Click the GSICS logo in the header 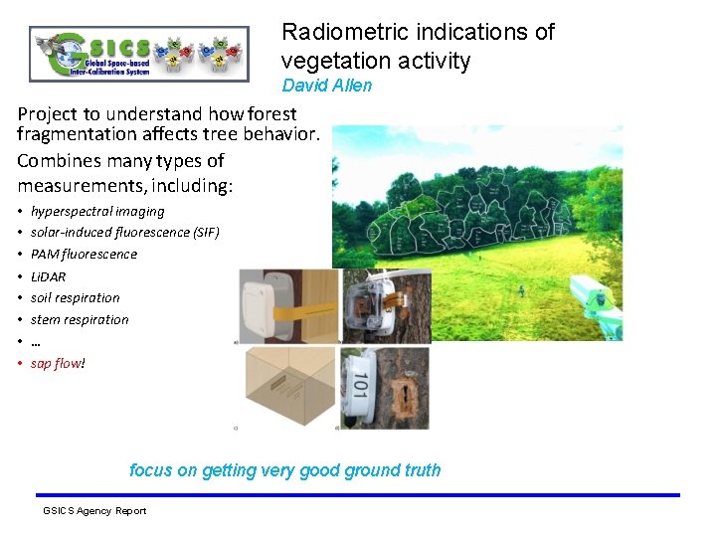(x=138, y=53)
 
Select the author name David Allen (x=326, y=86)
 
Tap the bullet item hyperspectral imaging (x=97, y=211)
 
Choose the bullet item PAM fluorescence (x=84, y=254)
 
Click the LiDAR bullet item (x=48, y=276)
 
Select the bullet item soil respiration (x=75, y=297)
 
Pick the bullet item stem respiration (x=80, y=319)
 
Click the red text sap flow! (x=58, y=363)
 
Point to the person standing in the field (x=521, y=290)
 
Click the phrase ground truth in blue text (x=390, y=470)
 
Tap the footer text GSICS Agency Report (x=94, y=511)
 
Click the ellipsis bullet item (x=36, y=341)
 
